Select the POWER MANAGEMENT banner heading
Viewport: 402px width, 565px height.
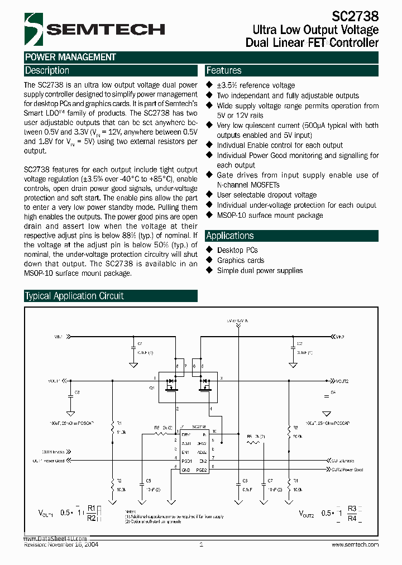(x=70, y=57)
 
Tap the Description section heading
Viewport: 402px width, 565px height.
(x=47, y=70)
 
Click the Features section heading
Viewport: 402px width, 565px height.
(x=224, y=70)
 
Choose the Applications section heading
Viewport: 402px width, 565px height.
(x=230, y=236)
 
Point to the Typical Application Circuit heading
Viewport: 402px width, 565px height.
(x=74, y=296)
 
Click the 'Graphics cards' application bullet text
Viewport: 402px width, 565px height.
(x=241, y=260)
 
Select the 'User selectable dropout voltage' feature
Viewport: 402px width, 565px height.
(x=266, y=195)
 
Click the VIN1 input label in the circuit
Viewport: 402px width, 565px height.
(x=59, y=337)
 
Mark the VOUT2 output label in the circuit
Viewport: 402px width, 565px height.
(x=342, y=381)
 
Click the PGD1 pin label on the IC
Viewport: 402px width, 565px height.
(x=186, y=461)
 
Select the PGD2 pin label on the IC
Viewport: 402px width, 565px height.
(x=202, y=470)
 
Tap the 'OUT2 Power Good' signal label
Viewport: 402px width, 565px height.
(x=347, y=470)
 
